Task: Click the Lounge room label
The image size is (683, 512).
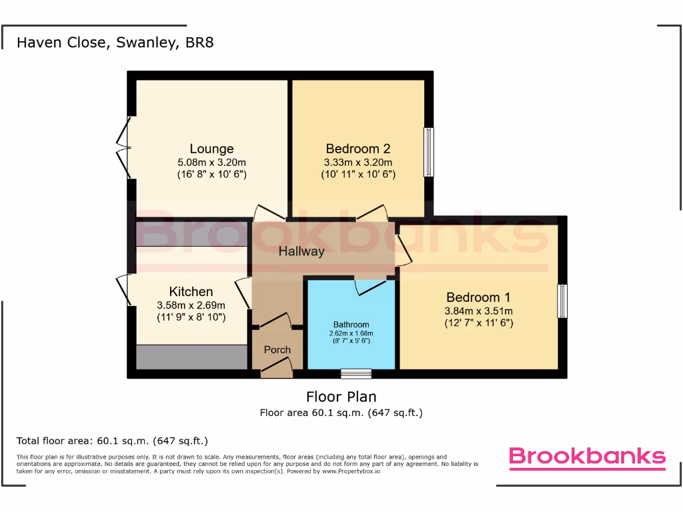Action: [211, 149]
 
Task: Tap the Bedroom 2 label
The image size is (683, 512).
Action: [358, 149]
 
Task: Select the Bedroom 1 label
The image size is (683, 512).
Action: [478, 297]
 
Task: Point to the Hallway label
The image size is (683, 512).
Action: [301, 251]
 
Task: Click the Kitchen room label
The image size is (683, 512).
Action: [191, 291]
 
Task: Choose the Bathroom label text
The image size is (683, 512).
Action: [351, 325]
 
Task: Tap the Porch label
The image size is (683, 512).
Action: [277, 349]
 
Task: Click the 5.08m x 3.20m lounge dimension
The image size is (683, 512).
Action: [211, 162]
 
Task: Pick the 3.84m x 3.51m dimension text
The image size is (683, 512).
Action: [478, 311]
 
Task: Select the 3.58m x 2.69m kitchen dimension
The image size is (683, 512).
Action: [191, 305]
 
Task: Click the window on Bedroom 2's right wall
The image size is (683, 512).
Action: [429, 152]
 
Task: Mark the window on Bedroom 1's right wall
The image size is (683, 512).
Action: [563, 301]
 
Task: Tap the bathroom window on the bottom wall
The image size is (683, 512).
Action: [356, 373]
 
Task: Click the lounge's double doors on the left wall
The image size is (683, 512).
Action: [123, 149]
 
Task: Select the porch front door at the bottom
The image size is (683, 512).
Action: [277, 367]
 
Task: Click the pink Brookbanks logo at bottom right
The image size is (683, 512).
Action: [587, 457]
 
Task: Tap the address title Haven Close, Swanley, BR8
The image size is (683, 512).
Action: [115, 43]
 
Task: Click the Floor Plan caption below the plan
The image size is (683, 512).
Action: [341, 397]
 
